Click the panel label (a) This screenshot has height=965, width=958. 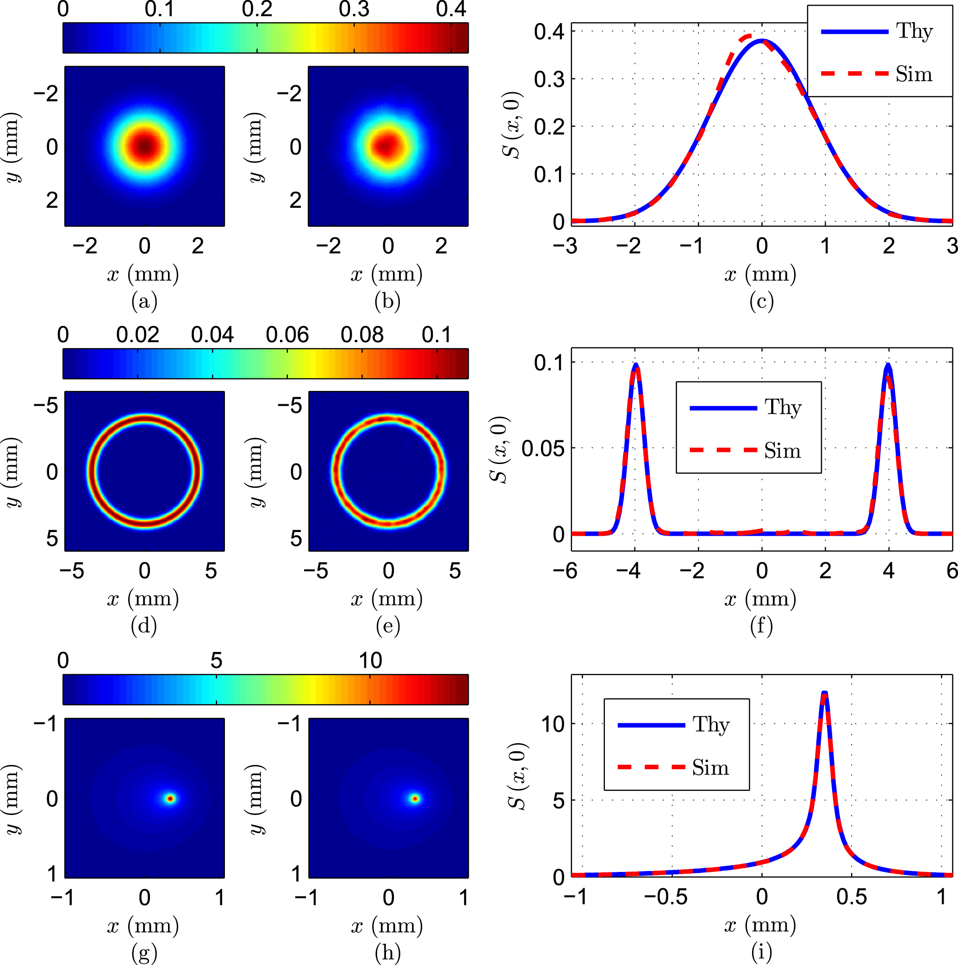pos(144,302)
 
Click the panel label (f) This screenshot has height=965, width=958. pos(761,627)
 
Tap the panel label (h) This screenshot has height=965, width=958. pos(388,953)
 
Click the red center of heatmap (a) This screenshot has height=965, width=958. pos(144,146)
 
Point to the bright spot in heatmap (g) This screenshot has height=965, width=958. pos(170,799)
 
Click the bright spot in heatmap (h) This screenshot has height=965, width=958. pos(415,799)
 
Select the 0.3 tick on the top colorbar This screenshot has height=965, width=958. pos(354,9)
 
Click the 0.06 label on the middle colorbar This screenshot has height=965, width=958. pos(287,335)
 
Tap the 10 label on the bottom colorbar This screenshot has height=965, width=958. pos(370,661)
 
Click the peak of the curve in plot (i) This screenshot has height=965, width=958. pos(824,693)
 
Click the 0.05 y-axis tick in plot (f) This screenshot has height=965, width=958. pos(543,449)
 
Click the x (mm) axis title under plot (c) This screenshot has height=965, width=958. pos(760,274)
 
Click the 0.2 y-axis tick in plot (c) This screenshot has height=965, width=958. pos(549,127)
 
